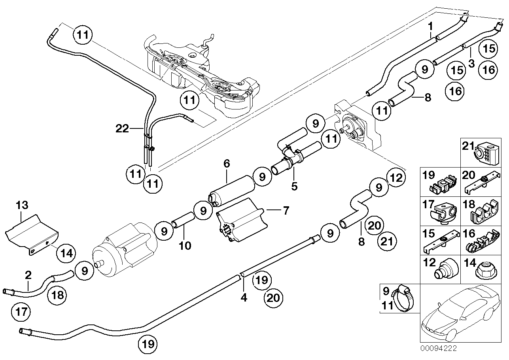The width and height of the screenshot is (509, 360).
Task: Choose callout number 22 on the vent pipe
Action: click(x=123, y=128)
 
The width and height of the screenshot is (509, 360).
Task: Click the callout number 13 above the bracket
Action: click(x=22, y=205)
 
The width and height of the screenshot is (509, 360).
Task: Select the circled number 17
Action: click(x=21, y=312)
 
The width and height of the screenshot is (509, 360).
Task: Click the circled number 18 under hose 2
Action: click(x=57, y=294)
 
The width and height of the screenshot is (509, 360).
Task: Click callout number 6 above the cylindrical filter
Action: click(x=226, y=163)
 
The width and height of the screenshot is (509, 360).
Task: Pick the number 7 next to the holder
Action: click(x=286, y=210)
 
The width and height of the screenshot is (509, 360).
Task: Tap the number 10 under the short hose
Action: click(x=185, y=246)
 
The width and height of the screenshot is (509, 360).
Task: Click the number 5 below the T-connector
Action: click(x=294, y=186)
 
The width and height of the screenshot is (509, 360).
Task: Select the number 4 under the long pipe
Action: click(x=244, y=297)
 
